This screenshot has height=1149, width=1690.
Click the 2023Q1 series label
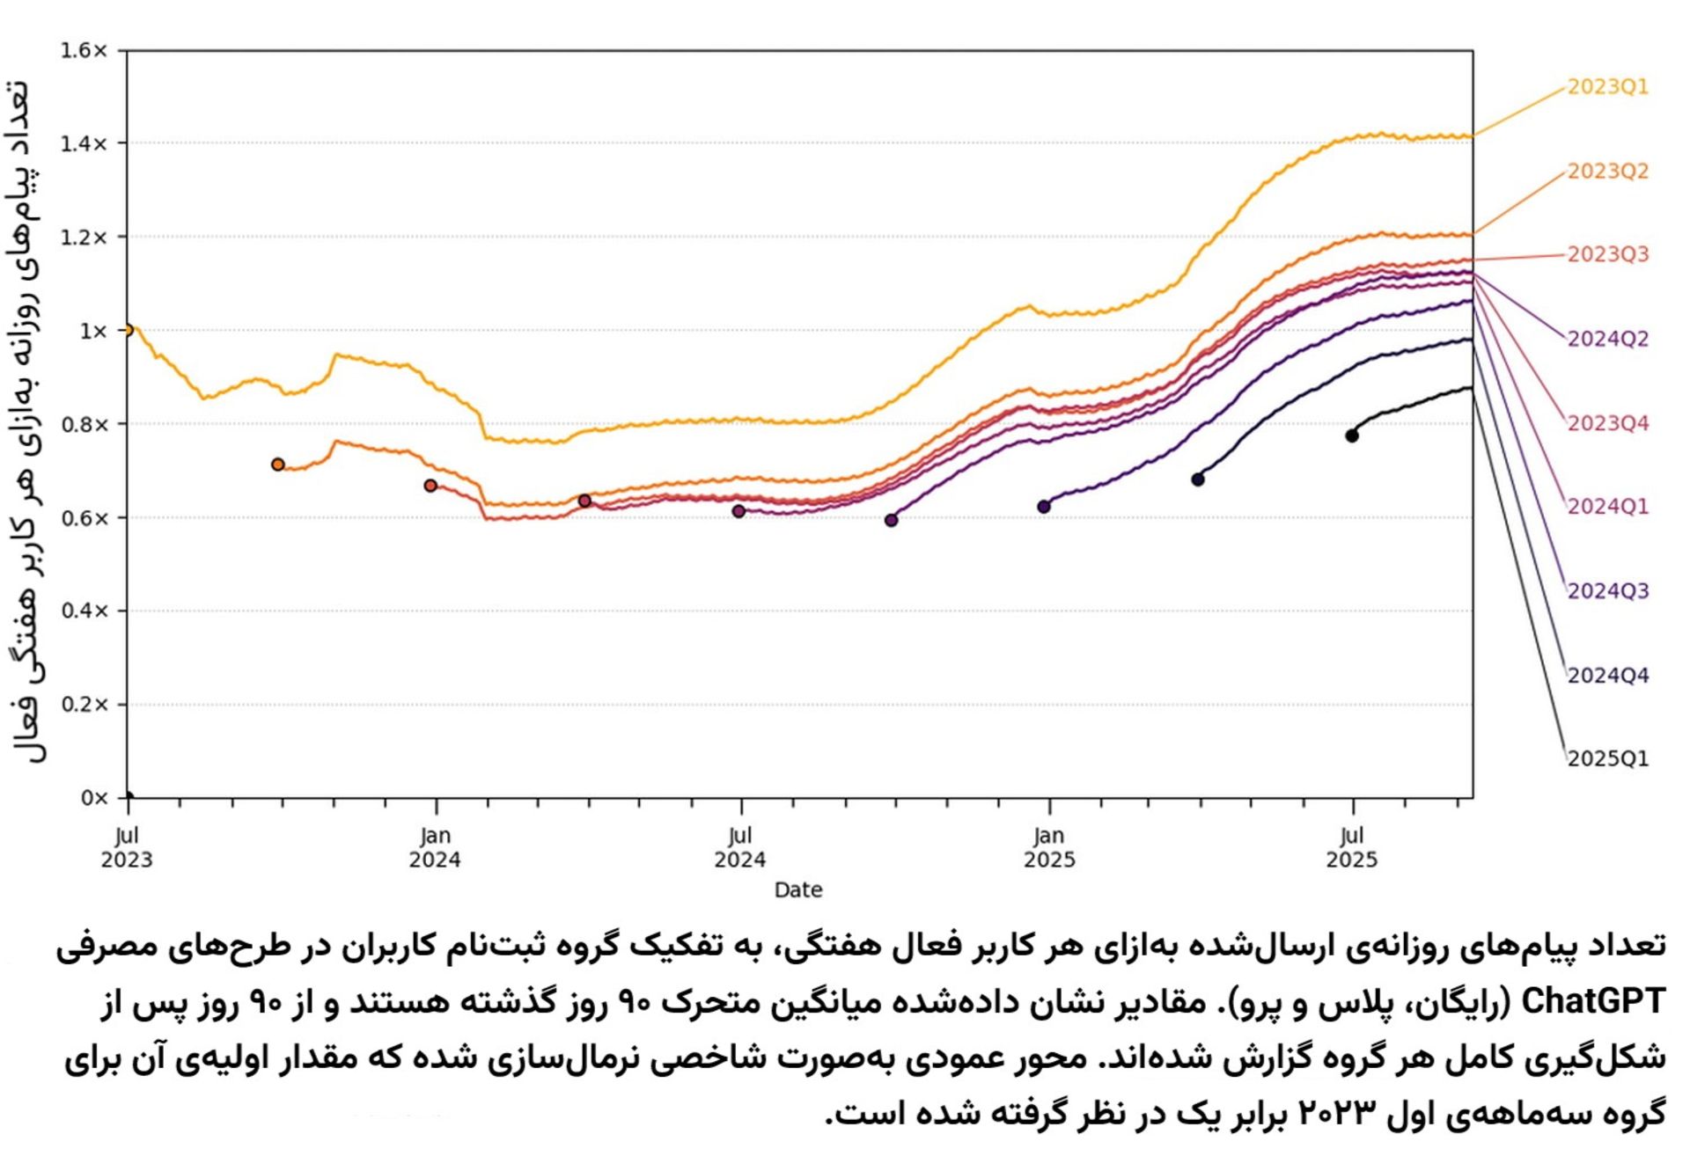click(1607, 87)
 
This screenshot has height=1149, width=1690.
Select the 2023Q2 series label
click(1607, 171)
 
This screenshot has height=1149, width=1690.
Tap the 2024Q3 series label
click(1607, 590)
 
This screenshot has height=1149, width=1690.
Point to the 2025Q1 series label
click(1607, 758)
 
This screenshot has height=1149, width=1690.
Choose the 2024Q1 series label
click(1607, 507)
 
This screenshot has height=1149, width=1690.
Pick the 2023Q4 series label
click(1607, 423)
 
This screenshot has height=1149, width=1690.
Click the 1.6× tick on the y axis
click(84, 51)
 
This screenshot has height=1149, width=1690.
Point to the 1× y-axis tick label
click(92, 331)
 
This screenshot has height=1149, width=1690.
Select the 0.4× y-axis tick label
click(84, 611)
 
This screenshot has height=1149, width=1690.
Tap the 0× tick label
click(93, 798)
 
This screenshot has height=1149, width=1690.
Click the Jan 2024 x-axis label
click(435, 847)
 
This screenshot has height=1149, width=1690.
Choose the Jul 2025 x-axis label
click(1352, 847)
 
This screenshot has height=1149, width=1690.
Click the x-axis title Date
click(798, 890)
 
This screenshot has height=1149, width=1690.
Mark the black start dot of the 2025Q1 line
click(1352, 435)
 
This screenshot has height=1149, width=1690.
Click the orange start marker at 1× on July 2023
click(128, 330)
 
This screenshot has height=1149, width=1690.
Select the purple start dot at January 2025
click(1044, 506)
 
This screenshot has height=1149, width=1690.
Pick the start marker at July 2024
click(738, 511)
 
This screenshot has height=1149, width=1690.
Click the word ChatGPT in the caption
click(1593, 1001)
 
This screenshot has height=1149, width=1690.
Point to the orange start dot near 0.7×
click(278, 465)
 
